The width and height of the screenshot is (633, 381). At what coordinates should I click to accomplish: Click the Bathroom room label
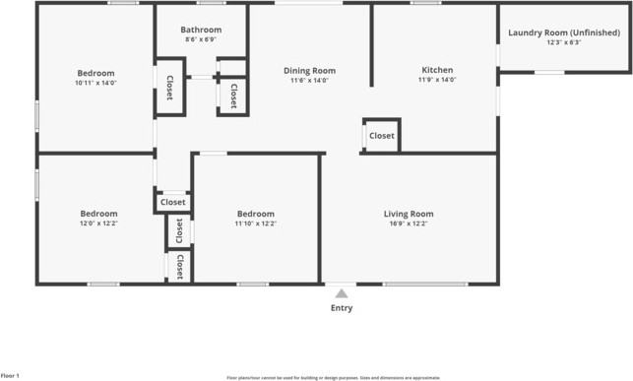201,30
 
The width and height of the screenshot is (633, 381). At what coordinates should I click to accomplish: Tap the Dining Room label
310,71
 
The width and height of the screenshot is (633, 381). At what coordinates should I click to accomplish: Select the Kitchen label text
437,71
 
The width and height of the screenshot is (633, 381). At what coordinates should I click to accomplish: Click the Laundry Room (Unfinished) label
564,32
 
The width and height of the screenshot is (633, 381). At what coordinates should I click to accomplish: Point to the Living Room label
409,214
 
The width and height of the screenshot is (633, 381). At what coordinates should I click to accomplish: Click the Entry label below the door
341,308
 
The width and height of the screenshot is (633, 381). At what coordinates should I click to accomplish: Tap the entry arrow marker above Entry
341,292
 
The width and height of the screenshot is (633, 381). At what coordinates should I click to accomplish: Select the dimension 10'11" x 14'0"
95,84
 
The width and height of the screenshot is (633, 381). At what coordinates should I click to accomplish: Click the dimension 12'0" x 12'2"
98,223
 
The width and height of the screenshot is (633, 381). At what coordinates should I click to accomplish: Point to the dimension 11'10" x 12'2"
255,223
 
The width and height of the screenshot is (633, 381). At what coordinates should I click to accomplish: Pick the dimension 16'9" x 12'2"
409,223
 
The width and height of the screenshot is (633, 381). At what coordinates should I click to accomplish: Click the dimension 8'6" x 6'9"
201,40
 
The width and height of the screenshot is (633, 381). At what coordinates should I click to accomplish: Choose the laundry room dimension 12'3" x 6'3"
564,42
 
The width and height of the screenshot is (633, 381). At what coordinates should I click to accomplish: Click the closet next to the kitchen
381,136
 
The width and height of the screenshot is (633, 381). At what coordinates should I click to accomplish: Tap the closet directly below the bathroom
233,95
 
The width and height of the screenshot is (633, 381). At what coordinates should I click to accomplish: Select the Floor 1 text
10,375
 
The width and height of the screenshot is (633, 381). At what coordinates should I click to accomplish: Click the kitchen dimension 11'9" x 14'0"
437,80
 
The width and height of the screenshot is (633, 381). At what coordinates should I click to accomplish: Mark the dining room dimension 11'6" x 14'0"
310,80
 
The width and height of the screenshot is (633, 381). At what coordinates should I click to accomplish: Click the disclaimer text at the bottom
333,377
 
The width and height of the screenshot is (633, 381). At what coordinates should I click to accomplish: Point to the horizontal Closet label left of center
172,202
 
